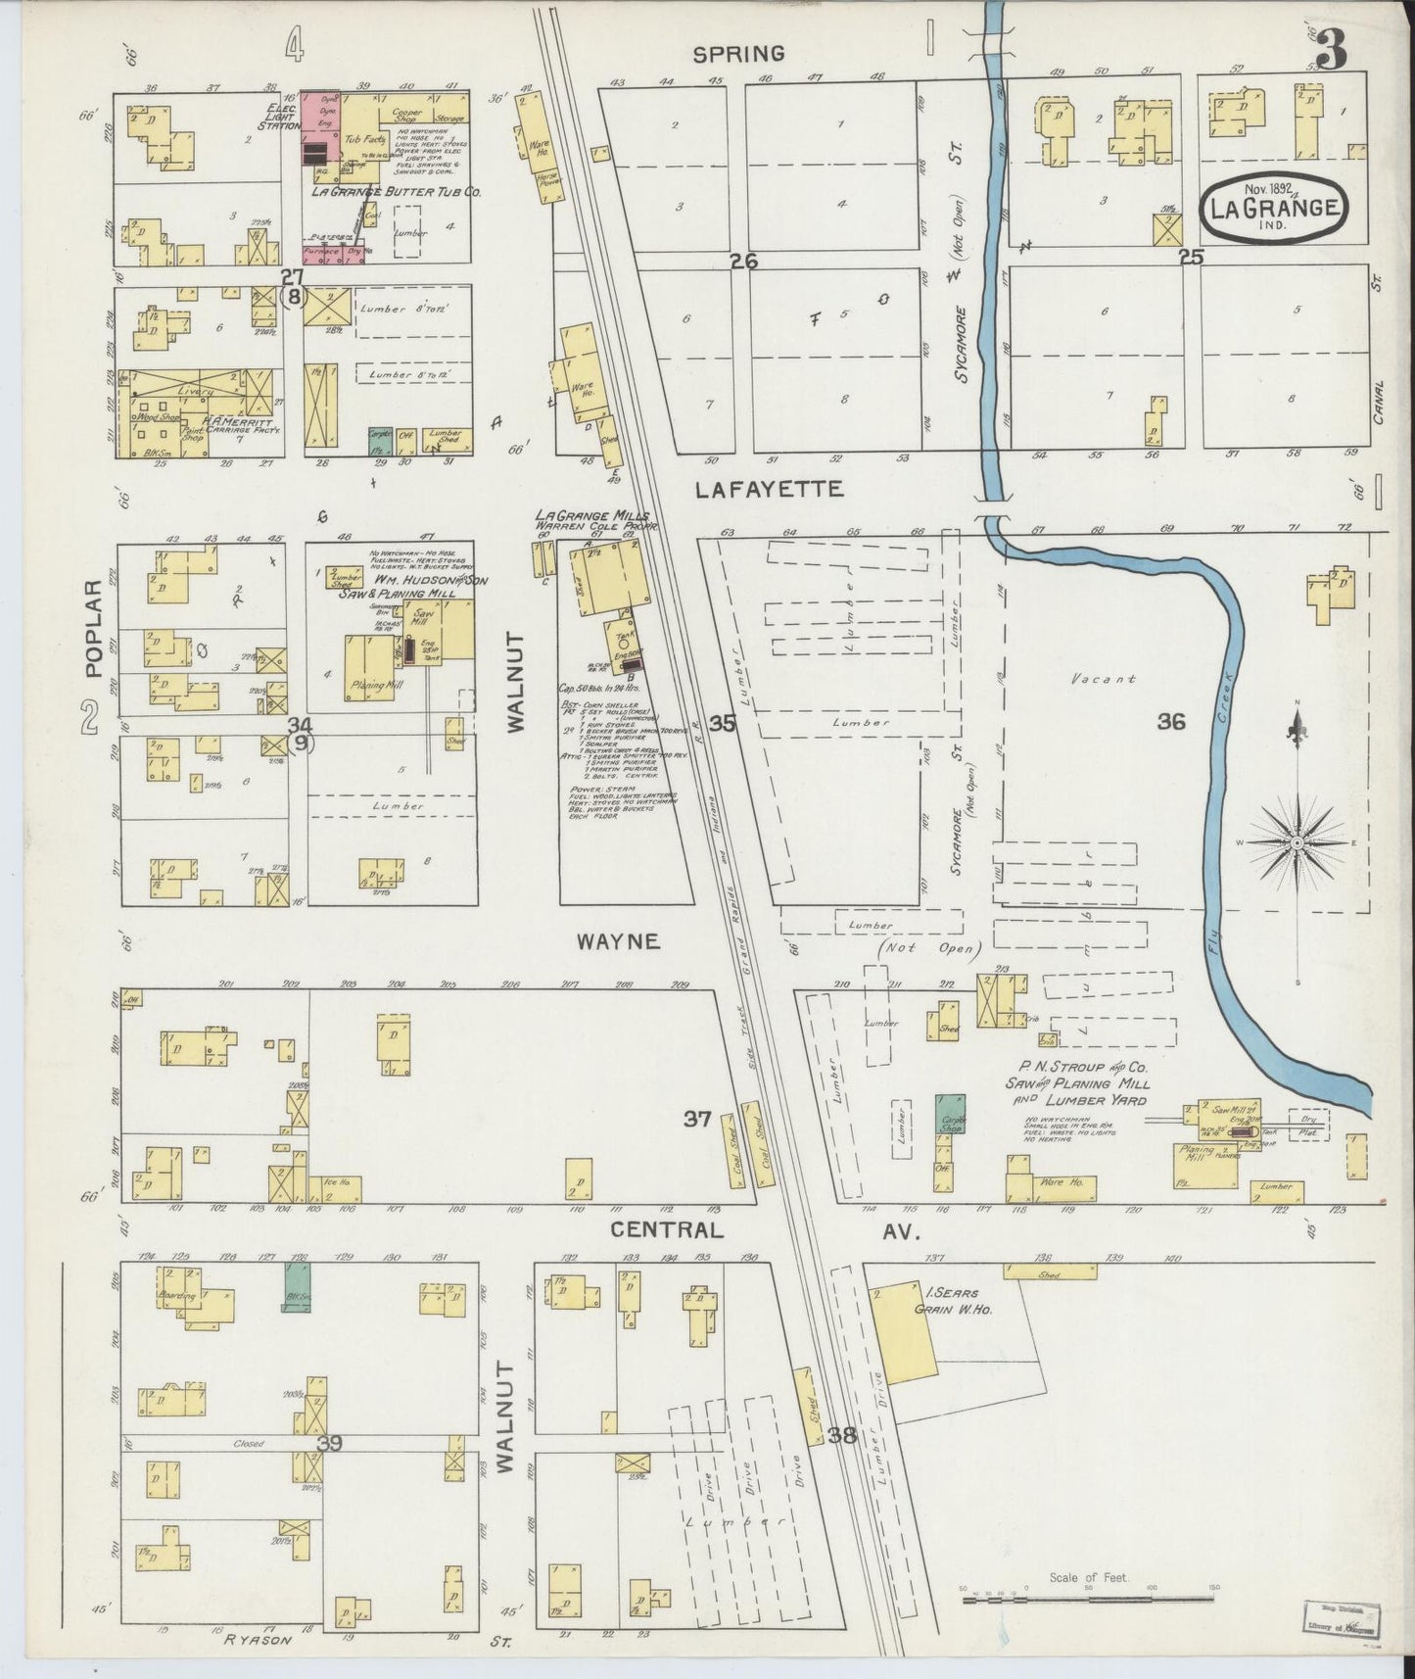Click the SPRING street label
pos(740,54)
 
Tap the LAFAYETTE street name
pos(769,489)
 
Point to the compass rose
pos(1297,842)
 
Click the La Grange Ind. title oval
pos(1273,207)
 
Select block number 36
pos(1170,722)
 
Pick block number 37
pos(697,1118)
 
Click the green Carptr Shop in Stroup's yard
pos(950,1115)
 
